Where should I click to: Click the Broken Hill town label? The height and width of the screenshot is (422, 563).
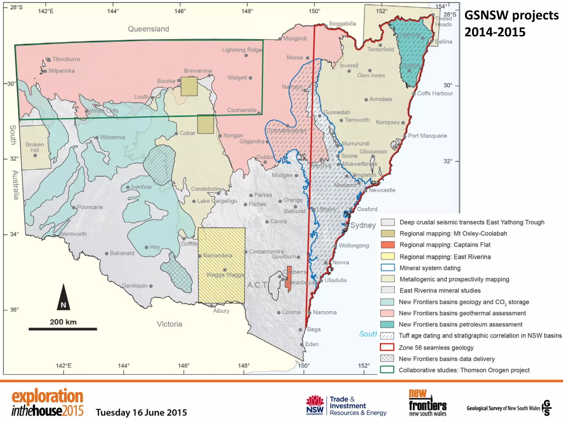35,147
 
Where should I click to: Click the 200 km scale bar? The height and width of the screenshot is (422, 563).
63,329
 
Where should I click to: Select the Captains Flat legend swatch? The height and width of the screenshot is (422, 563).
388,245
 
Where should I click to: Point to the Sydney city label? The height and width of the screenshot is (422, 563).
363,225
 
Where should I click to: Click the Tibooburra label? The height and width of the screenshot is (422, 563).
66,59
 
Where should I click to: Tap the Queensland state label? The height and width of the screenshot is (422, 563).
148,29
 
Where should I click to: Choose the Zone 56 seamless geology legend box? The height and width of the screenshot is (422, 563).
387,347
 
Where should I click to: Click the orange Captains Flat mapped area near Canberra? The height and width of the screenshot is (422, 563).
289,278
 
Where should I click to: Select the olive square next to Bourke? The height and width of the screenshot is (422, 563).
189,86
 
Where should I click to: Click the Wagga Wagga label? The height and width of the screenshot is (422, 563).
225,275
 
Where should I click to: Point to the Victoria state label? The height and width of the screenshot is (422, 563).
169,324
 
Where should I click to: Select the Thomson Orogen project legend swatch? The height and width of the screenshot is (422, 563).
387,370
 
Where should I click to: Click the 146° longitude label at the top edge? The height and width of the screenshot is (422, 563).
180,11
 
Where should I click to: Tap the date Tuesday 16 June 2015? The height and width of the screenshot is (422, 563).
141,412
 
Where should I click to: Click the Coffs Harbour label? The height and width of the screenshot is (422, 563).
435,93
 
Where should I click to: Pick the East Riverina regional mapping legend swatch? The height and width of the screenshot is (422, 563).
388,256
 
